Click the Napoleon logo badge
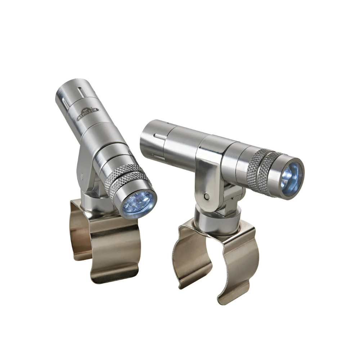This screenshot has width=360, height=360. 88,113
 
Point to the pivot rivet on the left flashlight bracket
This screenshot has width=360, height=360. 82,176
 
